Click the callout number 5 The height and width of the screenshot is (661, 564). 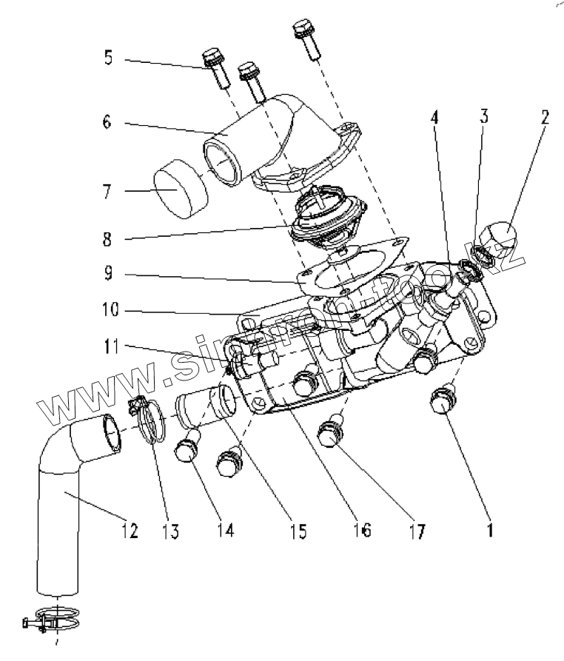coord(110,57)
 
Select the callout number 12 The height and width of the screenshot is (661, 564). coord(130,530)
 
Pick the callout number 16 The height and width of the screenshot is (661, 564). coord(363,530)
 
